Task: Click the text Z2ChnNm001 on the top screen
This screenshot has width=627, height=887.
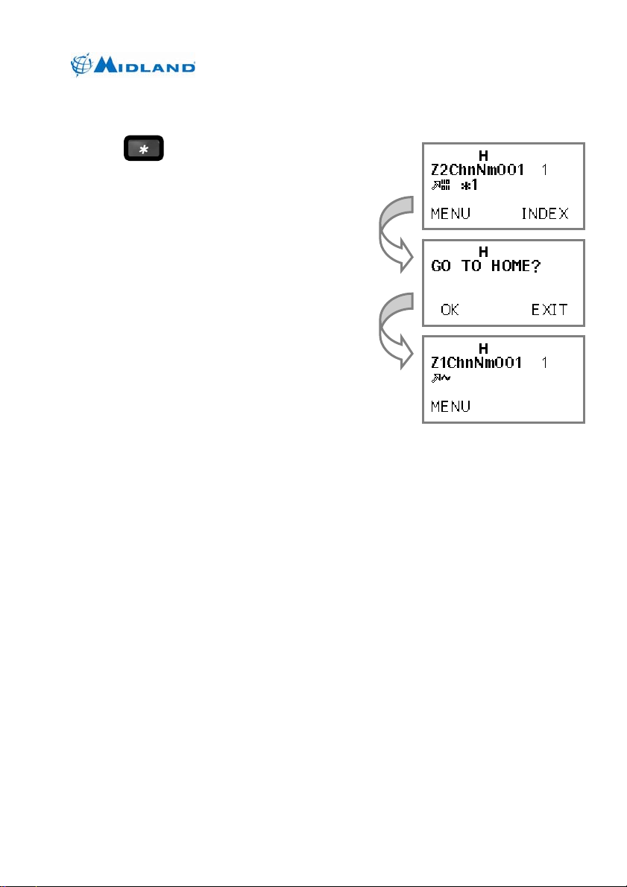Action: [478, 170]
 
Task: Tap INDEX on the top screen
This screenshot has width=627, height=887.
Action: [544, 214]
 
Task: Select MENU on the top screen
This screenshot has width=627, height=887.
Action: [451, 214]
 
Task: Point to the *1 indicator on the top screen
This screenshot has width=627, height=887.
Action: [468, 185]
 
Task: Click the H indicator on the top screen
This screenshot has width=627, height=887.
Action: [483, 156]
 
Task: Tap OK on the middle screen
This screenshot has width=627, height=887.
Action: [450, 310]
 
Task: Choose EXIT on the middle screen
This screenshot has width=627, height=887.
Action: [549, 310]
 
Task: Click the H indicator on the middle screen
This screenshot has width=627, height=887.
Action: [483, 252]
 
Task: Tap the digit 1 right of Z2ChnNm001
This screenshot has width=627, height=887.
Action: [545, 170]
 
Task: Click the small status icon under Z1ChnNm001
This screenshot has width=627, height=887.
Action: [441, 378]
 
